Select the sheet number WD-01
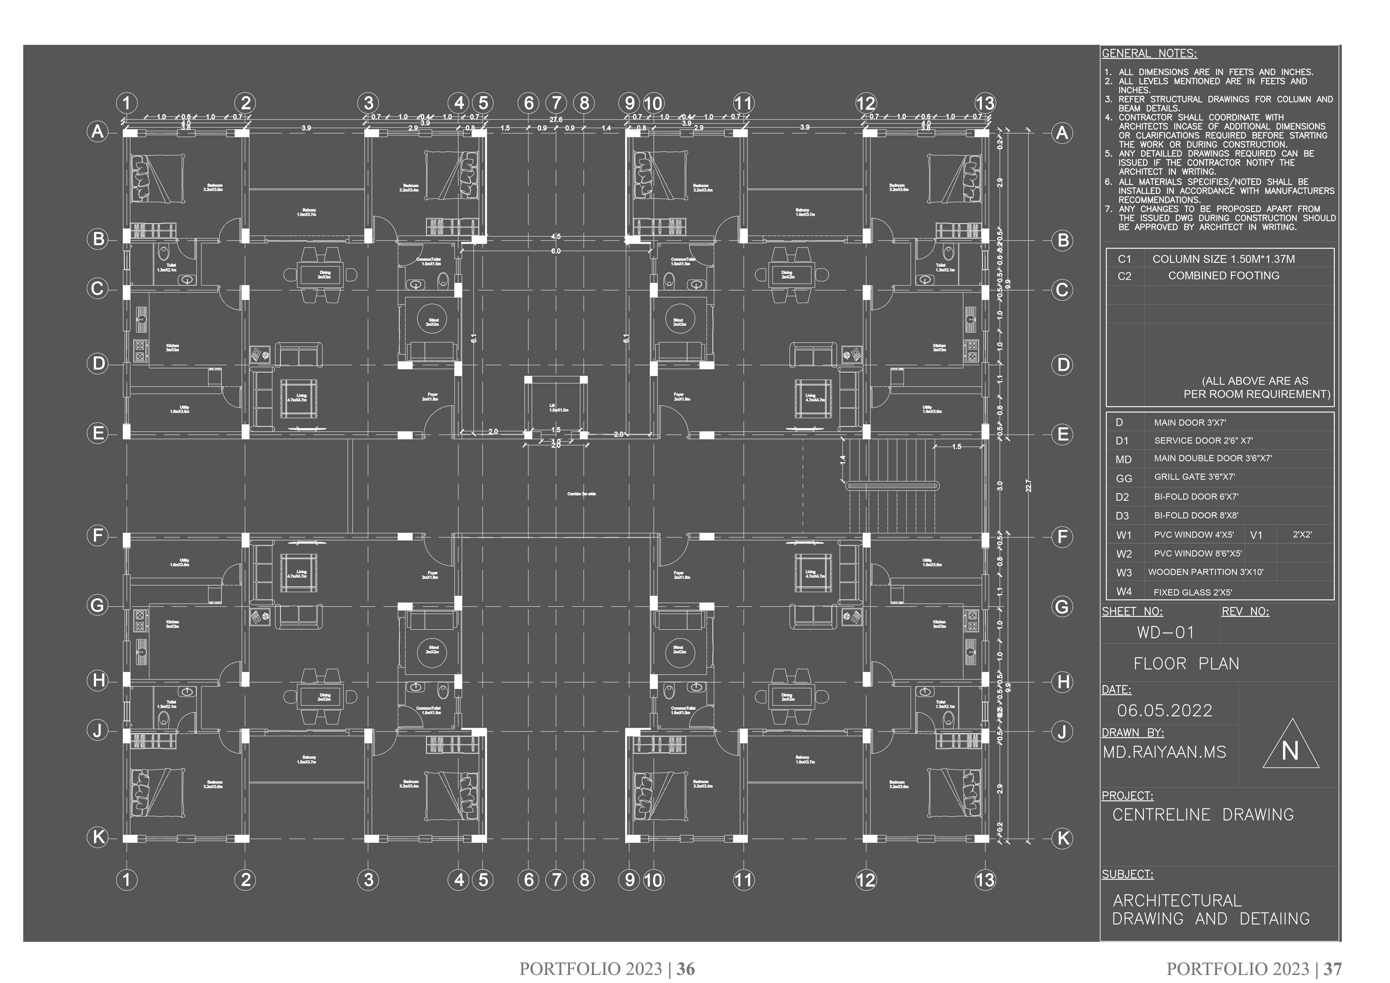[x=1165, y=632]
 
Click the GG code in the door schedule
[x=1124, y=478]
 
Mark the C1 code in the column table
[x=1124, y=259]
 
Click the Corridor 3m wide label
[x=581, y=494]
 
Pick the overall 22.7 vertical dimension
[x=1028, y=485]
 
